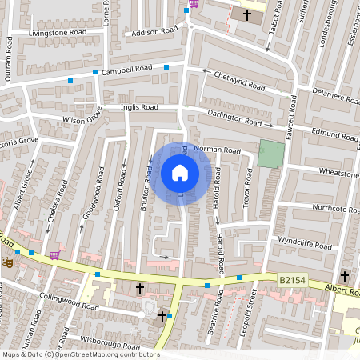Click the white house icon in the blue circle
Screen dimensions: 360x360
[x=180, y=172]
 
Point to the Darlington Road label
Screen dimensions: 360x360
[x=234, y=118]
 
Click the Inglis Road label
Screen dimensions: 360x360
[x=139, y=106]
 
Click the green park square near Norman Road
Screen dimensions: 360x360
[x=270, y=154]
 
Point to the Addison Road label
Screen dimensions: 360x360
[x=154, y=33]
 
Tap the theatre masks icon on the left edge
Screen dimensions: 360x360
[x=6, y=261]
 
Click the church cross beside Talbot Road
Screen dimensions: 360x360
[x=247, y=14]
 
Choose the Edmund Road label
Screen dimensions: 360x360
[x=333, y=134]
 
